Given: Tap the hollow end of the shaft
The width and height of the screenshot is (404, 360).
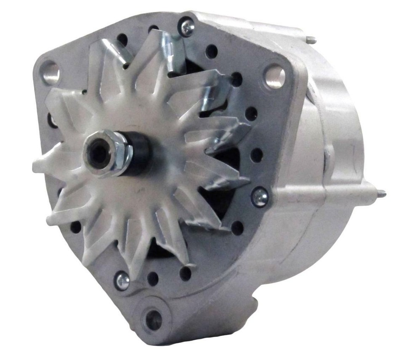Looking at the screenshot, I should (x=97, y=152).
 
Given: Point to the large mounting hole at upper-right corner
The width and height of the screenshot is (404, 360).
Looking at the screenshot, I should (x=274, y=76).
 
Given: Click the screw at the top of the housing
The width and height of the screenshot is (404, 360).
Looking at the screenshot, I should (x=186, y=26).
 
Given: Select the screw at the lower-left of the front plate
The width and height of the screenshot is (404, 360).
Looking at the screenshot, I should (x=122, y=280).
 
